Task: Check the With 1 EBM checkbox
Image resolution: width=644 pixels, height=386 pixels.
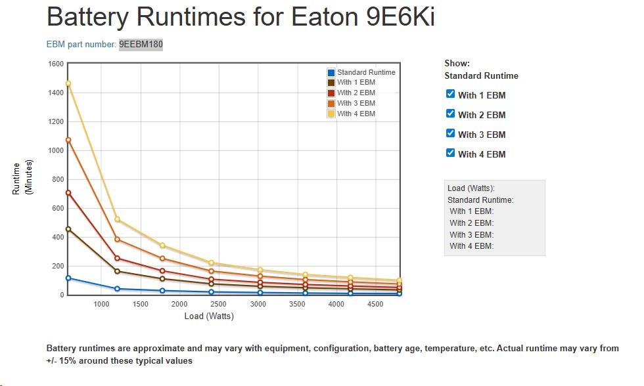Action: pyautogui.click(x=450, y=94)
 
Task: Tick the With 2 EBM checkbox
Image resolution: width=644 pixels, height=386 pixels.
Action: pyautogui.click(x=450, y=114)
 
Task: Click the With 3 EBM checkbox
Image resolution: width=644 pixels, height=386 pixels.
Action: pyautogui.click(x=450, y=133)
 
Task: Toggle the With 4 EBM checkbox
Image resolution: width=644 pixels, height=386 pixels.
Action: pyautogui.click(x=450, y=153)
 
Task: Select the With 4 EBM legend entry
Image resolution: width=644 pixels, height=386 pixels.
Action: pyautogui.click(x=356, y=114)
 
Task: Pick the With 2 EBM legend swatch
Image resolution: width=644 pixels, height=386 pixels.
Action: pyautogui.click(x=332, y=93)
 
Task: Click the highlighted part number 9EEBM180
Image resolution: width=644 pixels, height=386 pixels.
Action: pyautogui.click(x=141, y=45)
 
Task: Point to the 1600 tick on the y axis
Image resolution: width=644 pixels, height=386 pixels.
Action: pyautogui.click(x=56, y=64)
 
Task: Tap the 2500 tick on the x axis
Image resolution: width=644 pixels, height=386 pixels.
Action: pyautogui.click(x=218, y=304)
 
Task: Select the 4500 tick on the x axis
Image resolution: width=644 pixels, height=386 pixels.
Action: pyautogui.click(x=375, y=304)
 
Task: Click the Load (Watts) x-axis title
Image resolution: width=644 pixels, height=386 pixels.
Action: pyautogui.click(x=209, y=316)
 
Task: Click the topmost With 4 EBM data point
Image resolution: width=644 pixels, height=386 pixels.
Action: pyautogui.click(x=68, y=83)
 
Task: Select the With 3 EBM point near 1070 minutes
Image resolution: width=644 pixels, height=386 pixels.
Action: pyautogui.click(x=68, y=140)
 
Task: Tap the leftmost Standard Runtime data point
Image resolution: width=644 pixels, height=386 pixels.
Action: pyautogui.click(x=68, y=278)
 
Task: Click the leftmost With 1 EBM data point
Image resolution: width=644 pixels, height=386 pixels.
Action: pyautogui.click(x=68, y=229)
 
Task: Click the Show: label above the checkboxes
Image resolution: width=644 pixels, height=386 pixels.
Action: pyautogui.click(x=457, y=64)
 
